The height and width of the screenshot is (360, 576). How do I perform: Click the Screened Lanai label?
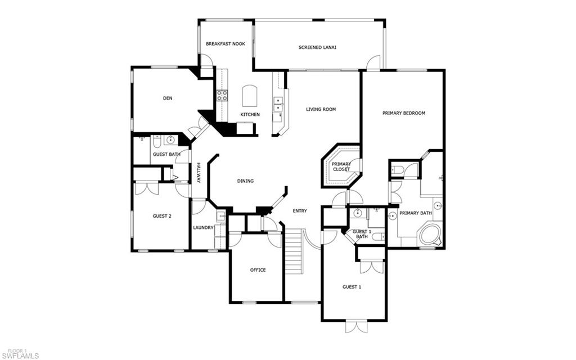(x=317, y=47)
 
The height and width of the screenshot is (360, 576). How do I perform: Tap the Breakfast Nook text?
(x=225, y=44)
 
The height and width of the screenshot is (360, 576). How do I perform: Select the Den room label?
(x=168, y=98)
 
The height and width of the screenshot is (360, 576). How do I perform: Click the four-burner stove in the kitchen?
(x=222, y=96)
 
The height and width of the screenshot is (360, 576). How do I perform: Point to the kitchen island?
(x=249, y=96)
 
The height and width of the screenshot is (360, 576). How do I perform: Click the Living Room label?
(x=321, y=109)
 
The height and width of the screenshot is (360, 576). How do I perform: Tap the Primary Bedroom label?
(x=404, y=113)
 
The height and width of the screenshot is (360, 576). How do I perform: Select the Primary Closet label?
(x=341, y=166)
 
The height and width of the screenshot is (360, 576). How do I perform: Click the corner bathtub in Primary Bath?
(x=431, y=235)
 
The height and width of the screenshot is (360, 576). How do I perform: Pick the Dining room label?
(x=245, y=181)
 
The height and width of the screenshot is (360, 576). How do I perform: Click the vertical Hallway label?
(x=199, y=173)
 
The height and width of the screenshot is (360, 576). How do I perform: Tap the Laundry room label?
(x=203, y=228)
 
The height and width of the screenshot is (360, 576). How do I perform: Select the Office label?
(x=258, y=270)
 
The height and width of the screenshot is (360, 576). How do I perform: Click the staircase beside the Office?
(x=294, y=251)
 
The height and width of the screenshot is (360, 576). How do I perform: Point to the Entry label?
(x=300, y=211)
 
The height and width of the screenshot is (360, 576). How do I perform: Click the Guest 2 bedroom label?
(x=162, y=216)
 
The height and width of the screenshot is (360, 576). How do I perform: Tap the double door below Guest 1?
(x=356, y=327)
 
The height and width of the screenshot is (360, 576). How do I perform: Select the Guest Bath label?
(x=166, y=154)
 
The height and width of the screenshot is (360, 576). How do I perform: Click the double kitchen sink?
(x=278, y=104)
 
